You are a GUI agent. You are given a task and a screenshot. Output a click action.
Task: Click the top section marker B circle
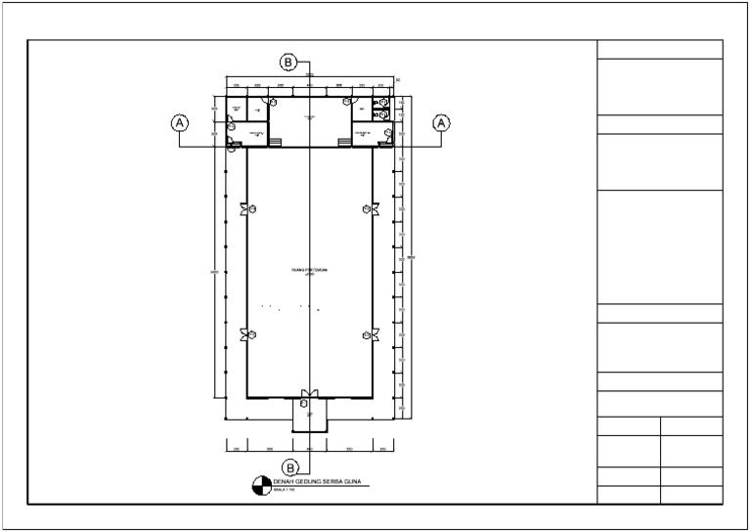coord(288,63)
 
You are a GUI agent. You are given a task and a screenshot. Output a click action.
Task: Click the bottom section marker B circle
coord(290,465)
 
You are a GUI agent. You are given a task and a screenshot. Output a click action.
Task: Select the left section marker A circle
coord(179,123)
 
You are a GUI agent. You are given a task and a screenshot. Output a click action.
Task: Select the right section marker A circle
coord(441,123)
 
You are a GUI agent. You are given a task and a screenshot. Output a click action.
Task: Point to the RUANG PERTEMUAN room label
coord(309,269)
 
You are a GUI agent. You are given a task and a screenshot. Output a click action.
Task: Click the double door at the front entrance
coord(309,394)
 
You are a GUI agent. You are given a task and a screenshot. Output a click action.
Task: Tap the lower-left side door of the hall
coord(245,334)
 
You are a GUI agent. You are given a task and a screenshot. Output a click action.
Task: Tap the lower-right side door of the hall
coord(374,334)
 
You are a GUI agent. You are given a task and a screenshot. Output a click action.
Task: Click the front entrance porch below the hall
coord(309,416)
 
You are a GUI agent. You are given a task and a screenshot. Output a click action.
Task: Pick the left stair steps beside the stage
coord(275,143)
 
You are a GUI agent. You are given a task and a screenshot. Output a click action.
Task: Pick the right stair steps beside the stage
coord(344,143)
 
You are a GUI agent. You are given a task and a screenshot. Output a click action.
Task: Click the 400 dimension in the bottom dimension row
coord(309,448)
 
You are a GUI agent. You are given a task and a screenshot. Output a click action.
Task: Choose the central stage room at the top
coord(309,118)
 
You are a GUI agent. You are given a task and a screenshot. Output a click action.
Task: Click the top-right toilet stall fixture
coord(384,103)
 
